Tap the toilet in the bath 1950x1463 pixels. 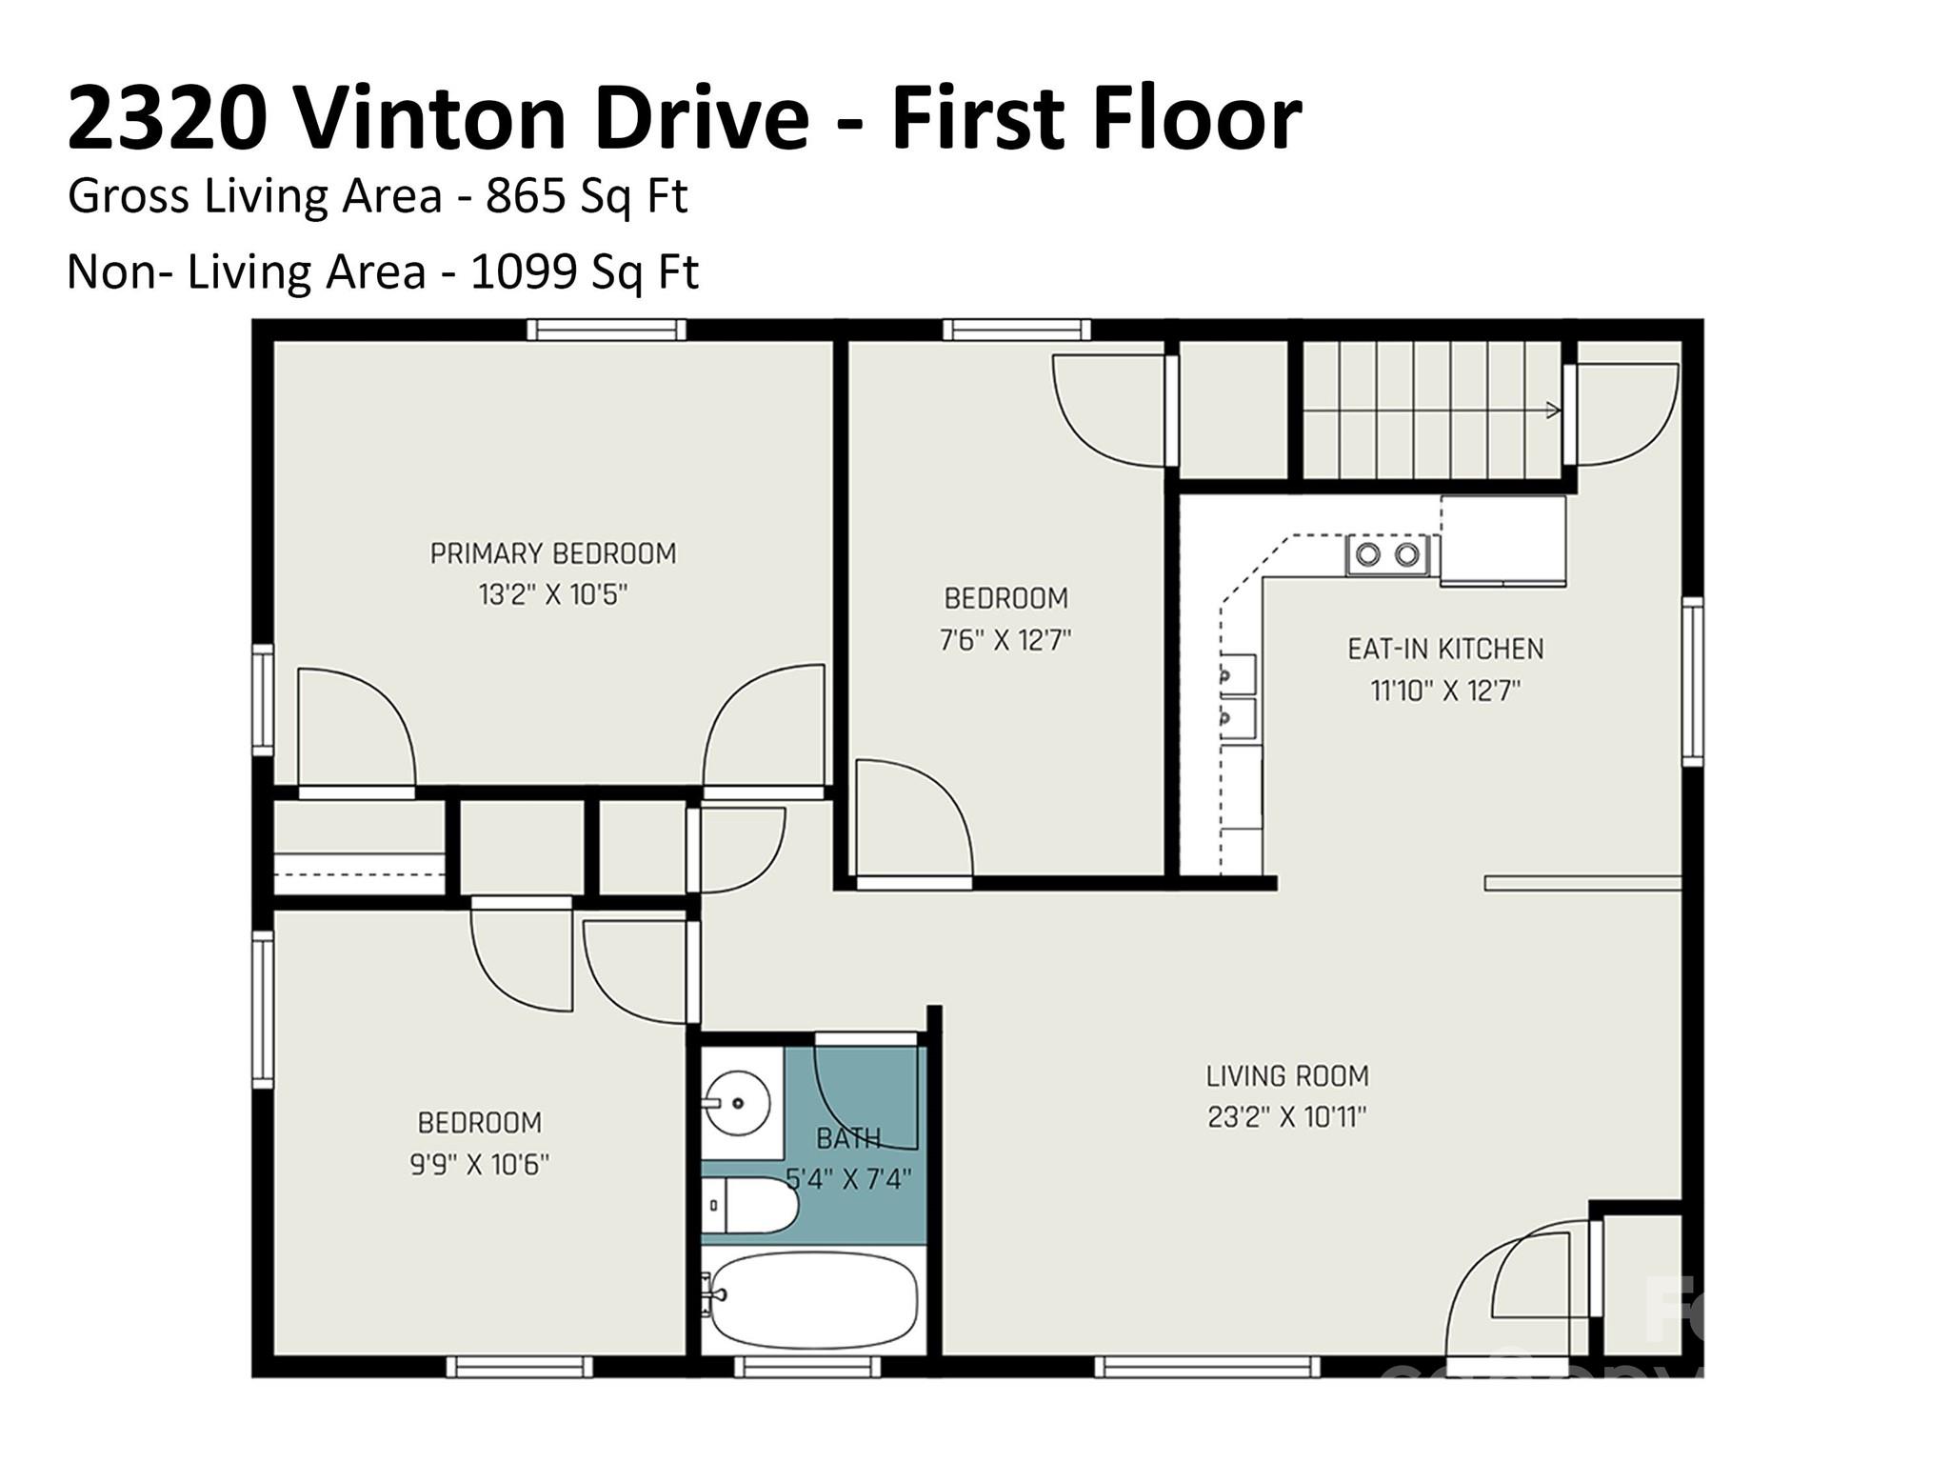tap(752, 1205)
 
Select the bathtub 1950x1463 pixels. tap(814, 1299)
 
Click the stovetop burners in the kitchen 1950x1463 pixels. tap(1387, 554)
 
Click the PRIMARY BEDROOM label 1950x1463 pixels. tap(553, 553)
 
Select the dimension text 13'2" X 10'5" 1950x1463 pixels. tap(553, 595)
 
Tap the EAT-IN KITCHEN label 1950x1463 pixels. tap(1445, 649)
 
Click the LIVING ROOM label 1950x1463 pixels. tap(1287, 1075)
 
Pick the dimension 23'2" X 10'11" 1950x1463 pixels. tap(1287, 1117)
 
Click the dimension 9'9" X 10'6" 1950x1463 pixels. tap(480, 1164)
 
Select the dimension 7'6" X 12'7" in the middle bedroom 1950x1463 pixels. tap(1005, 640)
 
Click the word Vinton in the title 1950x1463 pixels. tap(430, 118)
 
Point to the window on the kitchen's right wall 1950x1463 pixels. tap(1692, 680)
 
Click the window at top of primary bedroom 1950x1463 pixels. tap(607, 330)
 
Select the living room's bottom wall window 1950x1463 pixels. tap(1206, 1368)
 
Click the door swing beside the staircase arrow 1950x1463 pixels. tap(1623, 415)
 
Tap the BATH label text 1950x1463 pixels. tap(847, 1137)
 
